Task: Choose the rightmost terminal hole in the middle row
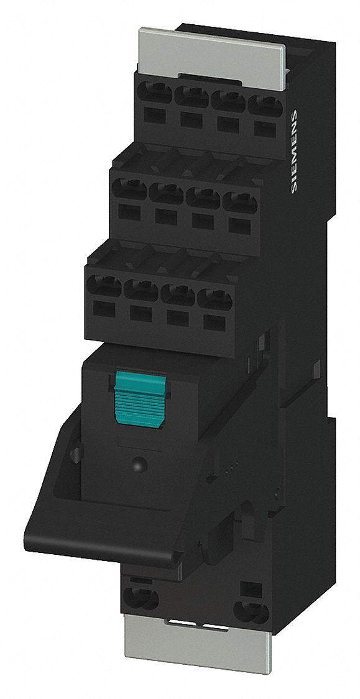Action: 237,203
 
